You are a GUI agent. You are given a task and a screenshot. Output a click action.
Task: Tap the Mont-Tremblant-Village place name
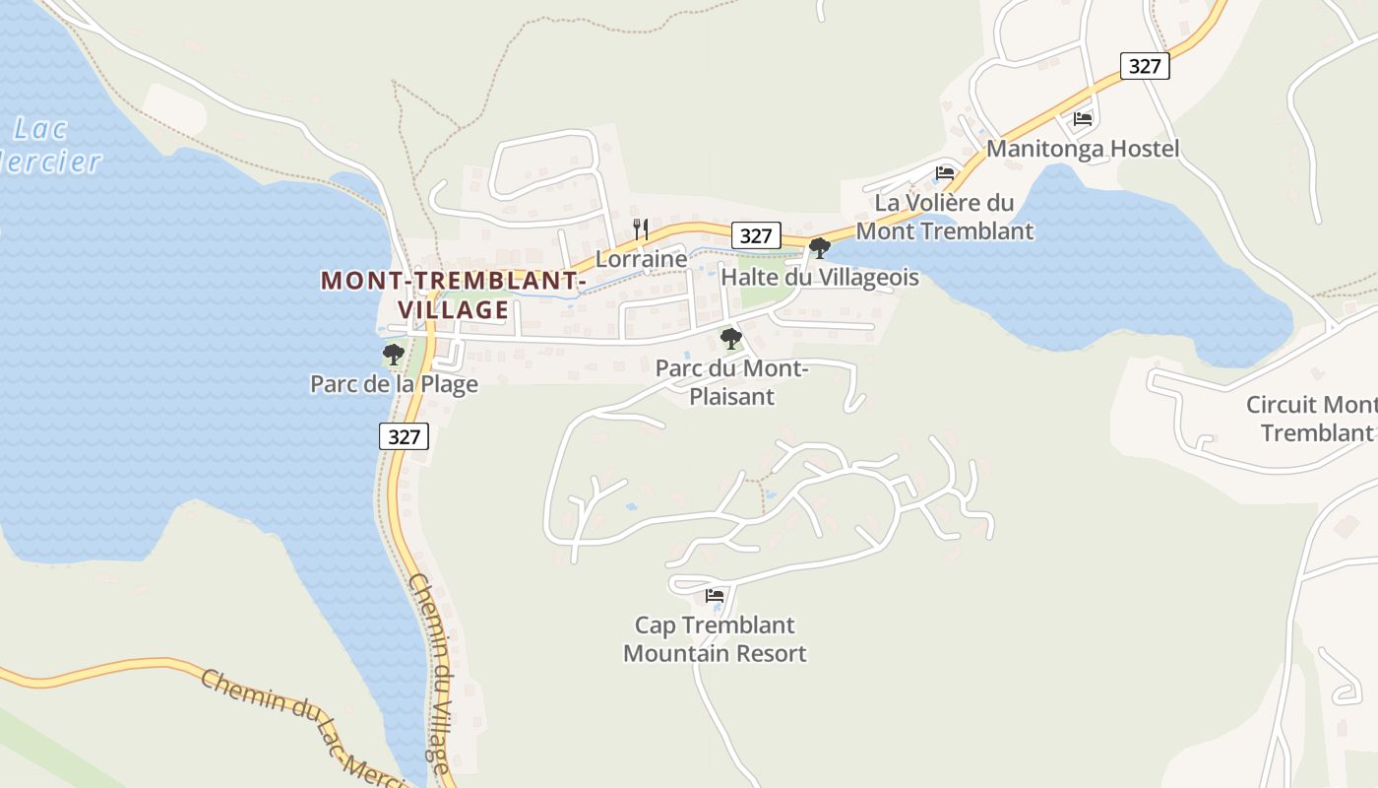point(454,295)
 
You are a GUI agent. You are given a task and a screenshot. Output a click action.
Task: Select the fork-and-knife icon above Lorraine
point(641,230)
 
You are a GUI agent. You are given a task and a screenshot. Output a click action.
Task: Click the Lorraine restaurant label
point(641,259)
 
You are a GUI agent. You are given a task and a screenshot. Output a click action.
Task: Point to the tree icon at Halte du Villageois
point(819,248)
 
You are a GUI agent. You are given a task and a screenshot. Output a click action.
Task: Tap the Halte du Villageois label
point(820,278)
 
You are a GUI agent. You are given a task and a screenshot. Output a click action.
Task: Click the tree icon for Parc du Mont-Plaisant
point(730,340)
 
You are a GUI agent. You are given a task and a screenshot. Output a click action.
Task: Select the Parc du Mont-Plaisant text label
point(731,383)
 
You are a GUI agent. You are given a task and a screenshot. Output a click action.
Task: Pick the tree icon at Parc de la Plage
point(394,355)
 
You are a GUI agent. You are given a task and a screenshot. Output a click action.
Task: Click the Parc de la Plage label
point(394,384)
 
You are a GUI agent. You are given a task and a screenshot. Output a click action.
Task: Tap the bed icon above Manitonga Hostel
point(1083,119)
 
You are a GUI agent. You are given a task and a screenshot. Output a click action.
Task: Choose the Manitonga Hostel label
point(1083,149)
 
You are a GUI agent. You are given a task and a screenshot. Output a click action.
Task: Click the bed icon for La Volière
point(945,173)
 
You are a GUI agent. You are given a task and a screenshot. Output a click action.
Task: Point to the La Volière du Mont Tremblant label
point(945,217)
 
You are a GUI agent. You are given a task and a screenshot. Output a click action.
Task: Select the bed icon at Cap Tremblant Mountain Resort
point(715,596)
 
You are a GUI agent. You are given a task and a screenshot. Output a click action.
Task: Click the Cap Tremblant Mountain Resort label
point(715,639)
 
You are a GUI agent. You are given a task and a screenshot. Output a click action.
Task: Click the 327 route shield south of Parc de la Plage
point(405,437)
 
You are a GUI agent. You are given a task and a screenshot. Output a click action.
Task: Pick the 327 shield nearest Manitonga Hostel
point(1145,66)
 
